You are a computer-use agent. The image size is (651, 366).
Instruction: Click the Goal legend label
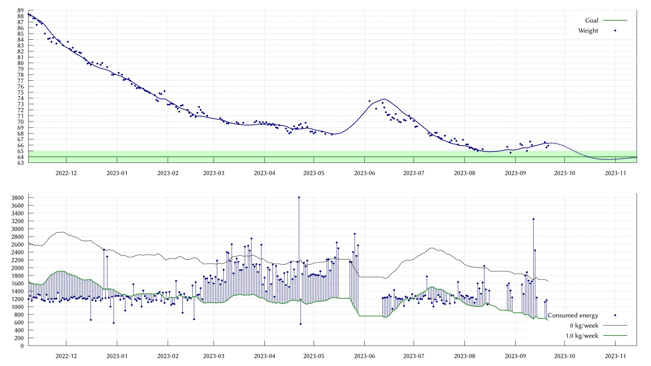pyautogui.click(x=592, y=20)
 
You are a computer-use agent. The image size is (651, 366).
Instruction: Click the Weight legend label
pyautogui.click(x=588, y=30)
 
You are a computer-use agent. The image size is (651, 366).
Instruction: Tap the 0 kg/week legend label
pyautogui.click(x=584, y=325)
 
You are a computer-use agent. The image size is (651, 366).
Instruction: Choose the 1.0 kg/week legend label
pyautogui.click(x=582, y=335)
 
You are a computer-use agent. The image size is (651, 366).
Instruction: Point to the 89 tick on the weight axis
pyautogui.click(x=21, y=10)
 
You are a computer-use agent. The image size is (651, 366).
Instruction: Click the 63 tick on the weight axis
pyautogui.click(x=21, y=163)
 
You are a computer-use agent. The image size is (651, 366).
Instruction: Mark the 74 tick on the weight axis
pyautogui.click(x=21, y=98)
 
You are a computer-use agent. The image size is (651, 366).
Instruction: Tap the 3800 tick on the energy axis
pyautogui.click(x=17, y=198)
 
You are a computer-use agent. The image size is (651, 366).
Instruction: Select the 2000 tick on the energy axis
pyautogui.click(x=17, y=268)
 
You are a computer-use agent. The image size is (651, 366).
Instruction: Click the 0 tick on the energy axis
pyautogui.click(x=22, y=346)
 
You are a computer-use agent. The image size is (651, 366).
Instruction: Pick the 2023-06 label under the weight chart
pyautogui.click(x=364, y=173)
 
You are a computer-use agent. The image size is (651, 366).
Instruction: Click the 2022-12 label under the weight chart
pyautogui.click(x=66, y=173)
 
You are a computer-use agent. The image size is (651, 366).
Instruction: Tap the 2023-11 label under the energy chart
pyautogui.click(x=615, y=356)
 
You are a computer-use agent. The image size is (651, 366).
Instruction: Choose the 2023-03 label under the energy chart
pyautogui.click(x=214, y=356)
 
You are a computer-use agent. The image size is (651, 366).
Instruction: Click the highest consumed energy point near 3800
pyautogui.click(x=299, y=197)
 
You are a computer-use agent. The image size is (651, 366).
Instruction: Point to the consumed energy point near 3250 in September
pyautogui.click(x=533, y=219)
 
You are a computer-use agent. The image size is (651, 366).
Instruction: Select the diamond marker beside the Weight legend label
pyautogui.click(x=615, y=30)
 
